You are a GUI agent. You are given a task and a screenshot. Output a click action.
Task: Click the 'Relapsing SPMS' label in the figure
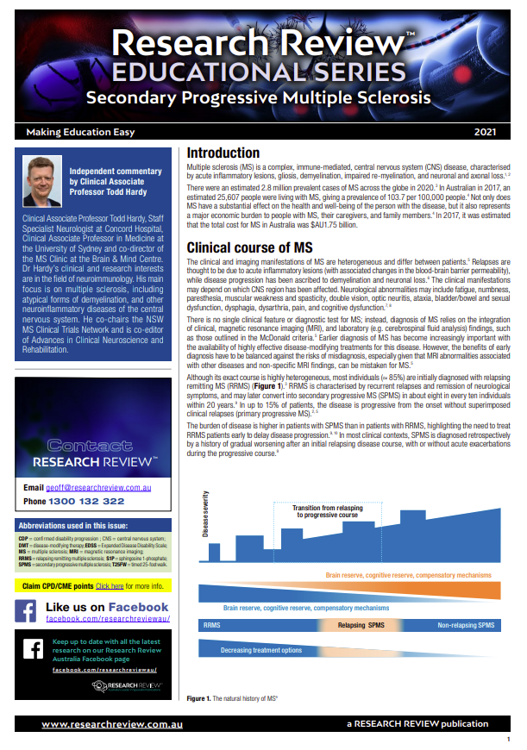click(x=361, y=624)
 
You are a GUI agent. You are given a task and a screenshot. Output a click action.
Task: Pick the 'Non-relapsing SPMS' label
click(x=467, y=624)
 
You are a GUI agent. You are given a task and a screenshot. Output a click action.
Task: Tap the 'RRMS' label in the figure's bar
click(x=212, y=624)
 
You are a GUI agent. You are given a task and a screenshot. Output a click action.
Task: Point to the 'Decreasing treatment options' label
click(x=261, y=649)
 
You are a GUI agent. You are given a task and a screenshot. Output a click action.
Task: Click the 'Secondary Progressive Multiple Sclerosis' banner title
click(x=258, y=97)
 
